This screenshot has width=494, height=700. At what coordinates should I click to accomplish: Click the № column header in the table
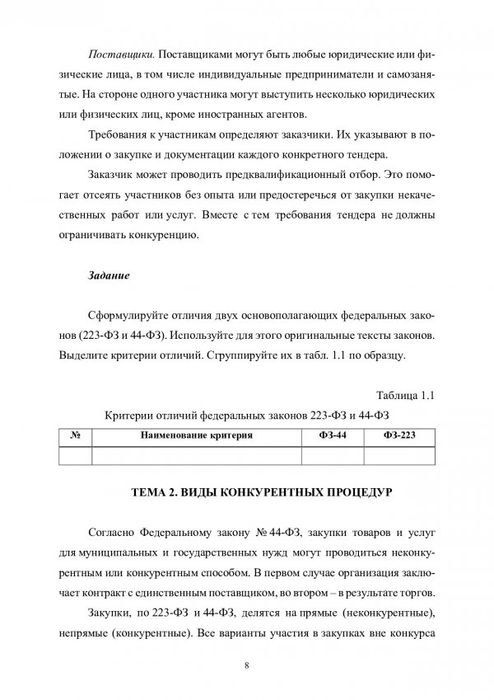click(75, 434)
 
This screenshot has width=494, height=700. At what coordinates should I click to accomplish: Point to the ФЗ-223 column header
click(398, 434)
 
